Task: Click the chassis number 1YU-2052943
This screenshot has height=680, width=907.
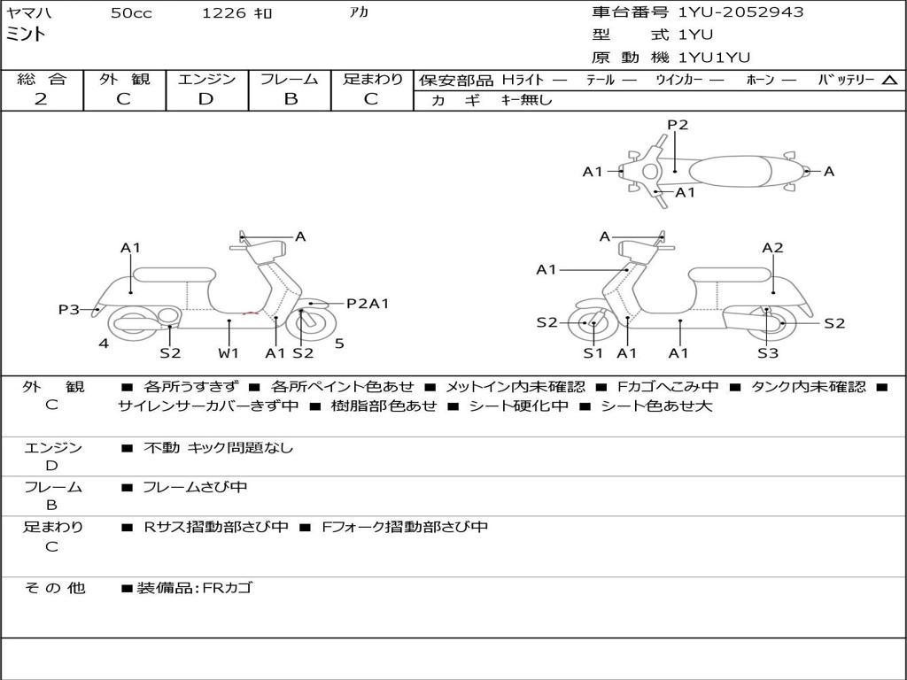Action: (741, 12)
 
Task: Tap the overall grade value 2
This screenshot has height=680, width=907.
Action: (41, 99)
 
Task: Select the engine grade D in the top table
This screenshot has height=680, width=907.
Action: (205, 99)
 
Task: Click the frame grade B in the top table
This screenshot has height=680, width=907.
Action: (291, 99)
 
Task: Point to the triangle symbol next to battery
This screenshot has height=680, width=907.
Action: (889, 81)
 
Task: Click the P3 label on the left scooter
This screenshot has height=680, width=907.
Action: (69, 309)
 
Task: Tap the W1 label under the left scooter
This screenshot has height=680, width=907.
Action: (229, 352)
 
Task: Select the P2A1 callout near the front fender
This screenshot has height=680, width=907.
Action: (368, 303)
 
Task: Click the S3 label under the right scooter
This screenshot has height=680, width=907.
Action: (768, 353)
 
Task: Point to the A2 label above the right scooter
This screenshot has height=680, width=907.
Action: (772, 248)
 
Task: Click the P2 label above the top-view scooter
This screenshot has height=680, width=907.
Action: (678, 125)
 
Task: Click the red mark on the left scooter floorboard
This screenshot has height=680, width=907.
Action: (251, 313)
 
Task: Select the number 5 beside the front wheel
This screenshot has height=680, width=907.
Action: (339, 344)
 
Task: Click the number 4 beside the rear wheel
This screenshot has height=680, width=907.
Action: (104, 344)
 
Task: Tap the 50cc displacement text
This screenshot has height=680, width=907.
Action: (131, 12)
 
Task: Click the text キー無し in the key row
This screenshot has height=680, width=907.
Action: (526, 100)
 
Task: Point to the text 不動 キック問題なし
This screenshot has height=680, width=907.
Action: (218, 447)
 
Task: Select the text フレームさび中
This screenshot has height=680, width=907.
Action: (195, 487)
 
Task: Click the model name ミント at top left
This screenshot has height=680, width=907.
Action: (26, 35)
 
